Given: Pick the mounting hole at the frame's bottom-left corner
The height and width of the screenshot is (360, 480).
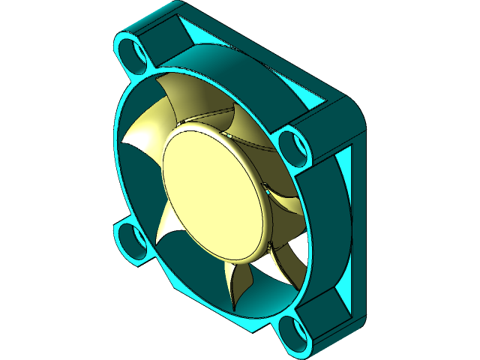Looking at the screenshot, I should tap(135, 240).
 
